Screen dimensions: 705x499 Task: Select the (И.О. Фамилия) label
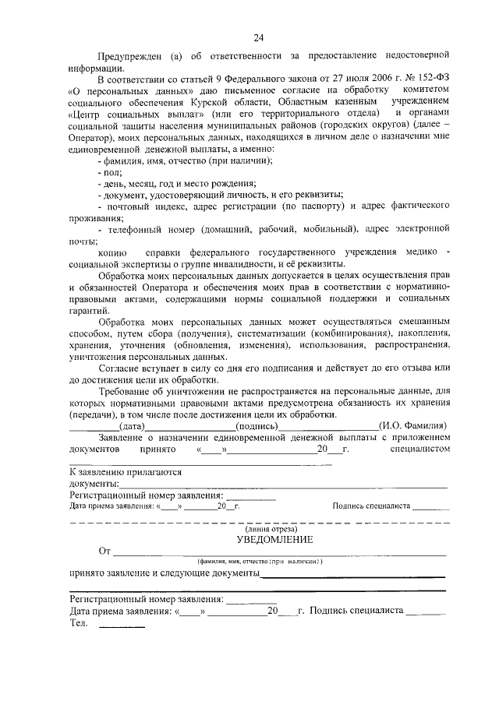coord(412,426)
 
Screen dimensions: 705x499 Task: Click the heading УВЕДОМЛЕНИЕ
coord(275,540)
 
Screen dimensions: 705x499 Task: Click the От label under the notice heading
coord(104,552)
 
